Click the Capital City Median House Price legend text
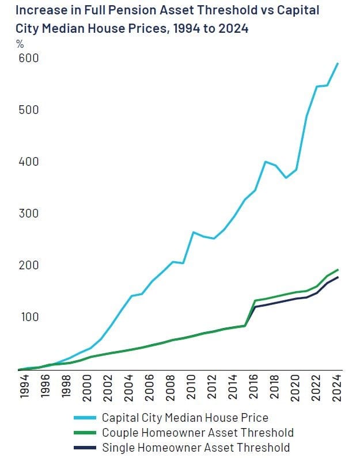coord(185,417)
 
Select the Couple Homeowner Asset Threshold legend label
coord(198,432)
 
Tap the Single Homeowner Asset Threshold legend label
coord(195,447)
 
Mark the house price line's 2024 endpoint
coord(338,63)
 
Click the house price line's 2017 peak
coord(264,162)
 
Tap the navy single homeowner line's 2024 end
coord(338,277)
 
